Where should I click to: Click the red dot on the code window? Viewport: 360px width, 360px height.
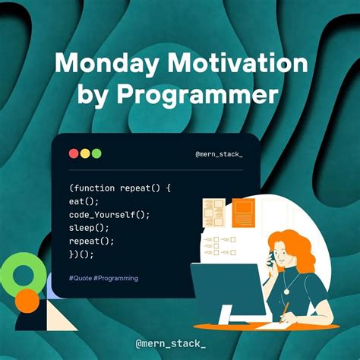tap(74, 153)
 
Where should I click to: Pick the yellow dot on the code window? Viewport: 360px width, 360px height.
tap(85, 153)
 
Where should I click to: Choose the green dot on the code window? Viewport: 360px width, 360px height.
tap(96, 153)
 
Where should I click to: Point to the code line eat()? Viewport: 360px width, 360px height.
tap(84, 201)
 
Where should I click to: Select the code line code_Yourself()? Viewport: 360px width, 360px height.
tap(109, 214)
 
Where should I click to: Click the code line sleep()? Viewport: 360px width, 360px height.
tap(89, 227)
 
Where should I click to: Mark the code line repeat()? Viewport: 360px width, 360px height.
tap(91, 241)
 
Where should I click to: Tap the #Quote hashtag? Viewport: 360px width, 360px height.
tap(81, 279)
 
